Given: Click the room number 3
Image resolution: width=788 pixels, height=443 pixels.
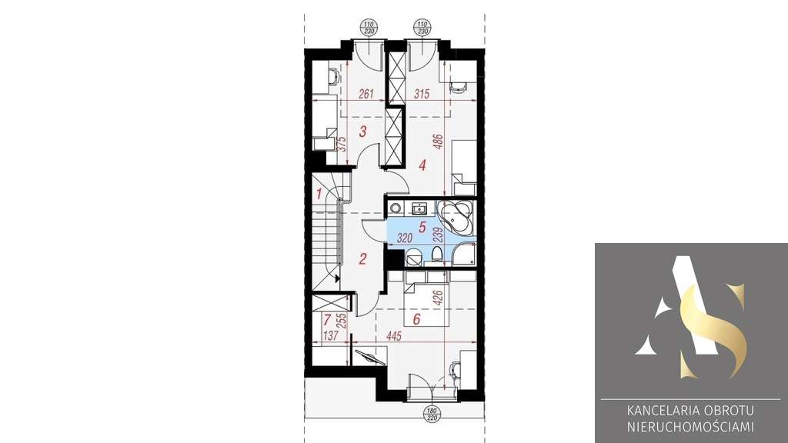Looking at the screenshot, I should point(362,130).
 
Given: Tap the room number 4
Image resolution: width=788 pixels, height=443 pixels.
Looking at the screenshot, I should point(421,164).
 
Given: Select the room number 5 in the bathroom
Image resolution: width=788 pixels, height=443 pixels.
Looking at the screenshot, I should point(422,227).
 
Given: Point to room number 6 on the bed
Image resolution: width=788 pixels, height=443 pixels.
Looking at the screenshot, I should point(416,319).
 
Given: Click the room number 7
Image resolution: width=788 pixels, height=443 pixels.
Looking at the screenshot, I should point(327,319).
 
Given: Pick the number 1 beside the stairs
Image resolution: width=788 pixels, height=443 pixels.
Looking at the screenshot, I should point(319,193).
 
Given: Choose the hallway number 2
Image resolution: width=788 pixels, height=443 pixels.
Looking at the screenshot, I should point(362,258).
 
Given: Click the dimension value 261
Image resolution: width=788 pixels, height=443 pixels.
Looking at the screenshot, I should point(366,95).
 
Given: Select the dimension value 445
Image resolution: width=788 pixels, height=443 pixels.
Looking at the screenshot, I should point(394,335).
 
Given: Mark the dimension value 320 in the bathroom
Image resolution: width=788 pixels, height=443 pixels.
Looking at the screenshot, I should point(406,238).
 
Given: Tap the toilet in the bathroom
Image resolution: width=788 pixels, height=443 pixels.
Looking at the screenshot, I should point(436,254).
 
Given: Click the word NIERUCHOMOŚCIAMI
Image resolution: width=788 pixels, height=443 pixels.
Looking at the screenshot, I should point(690,426).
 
